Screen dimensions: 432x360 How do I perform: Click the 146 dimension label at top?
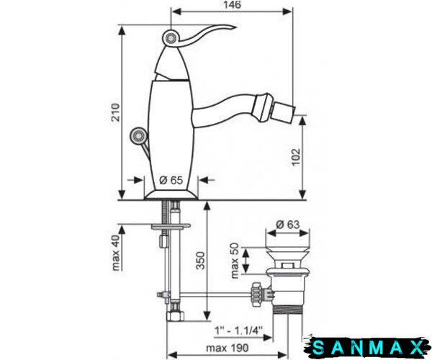click(x=232, y=5)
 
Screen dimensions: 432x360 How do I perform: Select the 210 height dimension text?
click(x=116, y=112)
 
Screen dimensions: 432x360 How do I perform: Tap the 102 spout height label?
click(x=296, y=157)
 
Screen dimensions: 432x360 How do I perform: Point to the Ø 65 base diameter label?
click(x=171, y=180)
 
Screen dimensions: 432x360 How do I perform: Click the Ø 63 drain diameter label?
click(x=287, y=225)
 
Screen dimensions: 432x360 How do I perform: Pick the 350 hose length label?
click(x=200, y=261)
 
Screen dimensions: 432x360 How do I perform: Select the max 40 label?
click(x=116, y=253)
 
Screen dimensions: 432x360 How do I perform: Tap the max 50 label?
click(x=234, y=261)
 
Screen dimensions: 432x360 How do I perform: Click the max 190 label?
click(x=228, y=348)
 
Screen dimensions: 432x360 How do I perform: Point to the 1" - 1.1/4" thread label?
click(x=238, y=330)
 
